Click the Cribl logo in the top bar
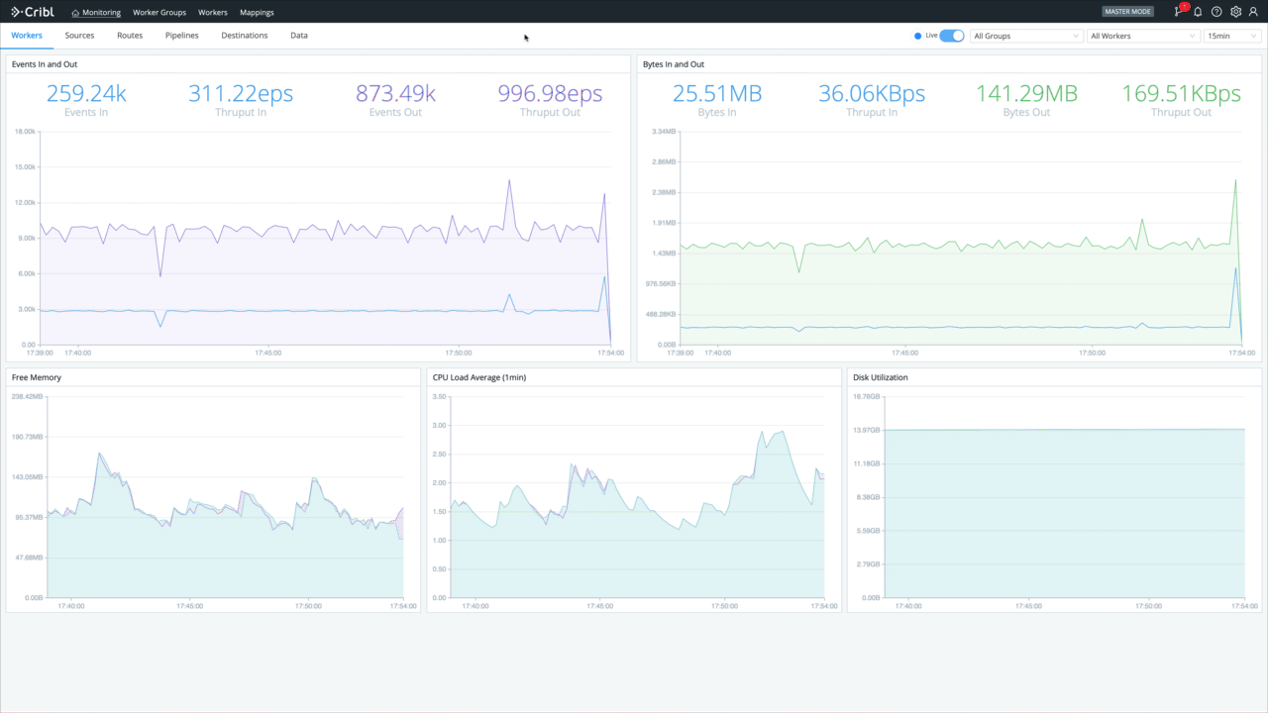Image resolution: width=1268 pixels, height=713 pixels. pyautogui.click(x=33, y=12)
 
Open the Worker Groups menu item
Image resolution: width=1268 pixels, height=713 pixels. pyautogui.click(x=159, y=13)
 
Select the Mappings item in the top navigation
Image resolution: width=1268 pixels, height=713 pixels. pyautogui.click(x=257, y=13)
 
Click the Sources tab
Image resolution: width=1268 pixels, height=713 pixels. pyautogui.click(x=79, y=36)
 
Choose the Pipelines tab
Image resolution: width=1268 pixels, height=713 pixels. pyautogui.click(x=181, y=36)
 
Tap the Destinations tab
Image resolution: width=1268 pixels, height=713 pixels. pyautogui.click(x=244, y=36)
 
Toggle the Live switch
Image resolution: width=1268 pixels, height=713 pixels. pyautogui.click(x=951, y=36)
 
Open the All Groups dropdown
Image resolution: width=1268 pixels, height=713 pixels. pyautogui.click(x=1025, y=36)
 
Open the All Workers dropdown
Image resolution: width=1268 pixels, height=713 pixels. pyautogui.click(x=1142, y=36)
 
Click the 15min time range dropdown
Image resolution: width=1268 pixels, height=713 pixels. pyautogui.click(x=1231, y=36)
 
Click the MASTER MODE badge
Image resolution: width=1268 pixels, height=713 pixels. pyautogui.click(x=1127, y=12)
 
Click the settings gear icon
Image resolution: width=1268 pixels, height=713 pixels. pyautogui.click(x=1235, y=12)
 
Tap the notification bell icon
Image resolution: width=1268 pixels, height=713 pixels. pyautogui.click(x=1198, y=12)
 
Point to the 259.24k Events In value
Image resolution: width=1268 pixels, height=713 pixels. pyautogui.click(x=86, y=94)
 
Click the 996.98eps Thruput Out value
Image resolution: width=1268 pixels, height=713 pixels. pyautogui.click(x=550, y=94)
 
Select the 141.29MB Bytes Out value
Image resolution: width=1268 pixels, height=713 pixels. pyautogui.click(x=1026, y=94)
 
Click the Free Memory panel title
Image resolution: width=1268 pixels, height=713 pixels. pyautogui.click(x=37, y=377)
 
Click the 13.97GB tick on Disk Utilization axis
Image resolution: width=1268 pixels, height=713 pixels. pyautogui.click(x=867, y=430)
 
